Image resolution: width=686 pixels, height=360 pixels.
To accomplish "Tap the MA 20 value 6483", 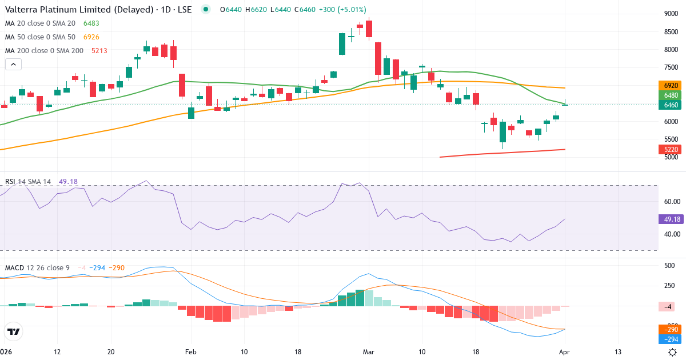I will tap(91, 23).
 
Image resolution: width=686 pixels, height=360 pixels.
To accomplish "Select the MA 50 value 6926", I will tap(91, 37).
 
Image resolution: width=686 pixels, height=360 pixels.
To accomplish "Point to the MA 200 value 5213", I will tap(99, 50).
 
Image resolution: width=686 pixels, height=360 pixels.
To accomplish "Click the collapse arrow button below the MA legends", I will tap(13, 65).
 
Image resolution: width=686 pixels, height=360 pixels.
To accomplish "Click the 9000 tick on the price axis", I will tap(671, 14).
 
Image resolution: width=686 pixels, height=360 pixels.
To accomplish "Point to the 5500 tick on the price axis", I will tap(671, 139).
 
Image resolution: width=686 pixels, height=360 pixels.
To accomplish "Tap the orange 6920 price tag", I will tap(671, 85).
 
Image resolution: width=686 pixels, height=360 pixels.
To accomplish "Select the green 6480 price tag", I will tap(671, 95).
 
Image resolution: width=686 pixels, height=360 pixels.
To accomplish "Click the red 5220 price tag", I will tap(671, 150).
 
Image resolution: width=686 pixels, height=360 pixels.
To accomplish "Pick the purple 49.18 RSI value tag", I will tap(671, 219).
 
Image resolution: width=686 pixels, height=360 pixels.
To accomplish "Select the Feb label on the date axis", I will tap(190, 351).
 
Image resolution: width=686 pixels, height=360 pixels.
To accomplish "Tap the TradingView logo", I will tap(13, 331).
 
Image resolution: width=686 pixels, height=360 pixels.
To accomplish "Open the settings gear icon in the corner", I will tap(673, 352).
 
